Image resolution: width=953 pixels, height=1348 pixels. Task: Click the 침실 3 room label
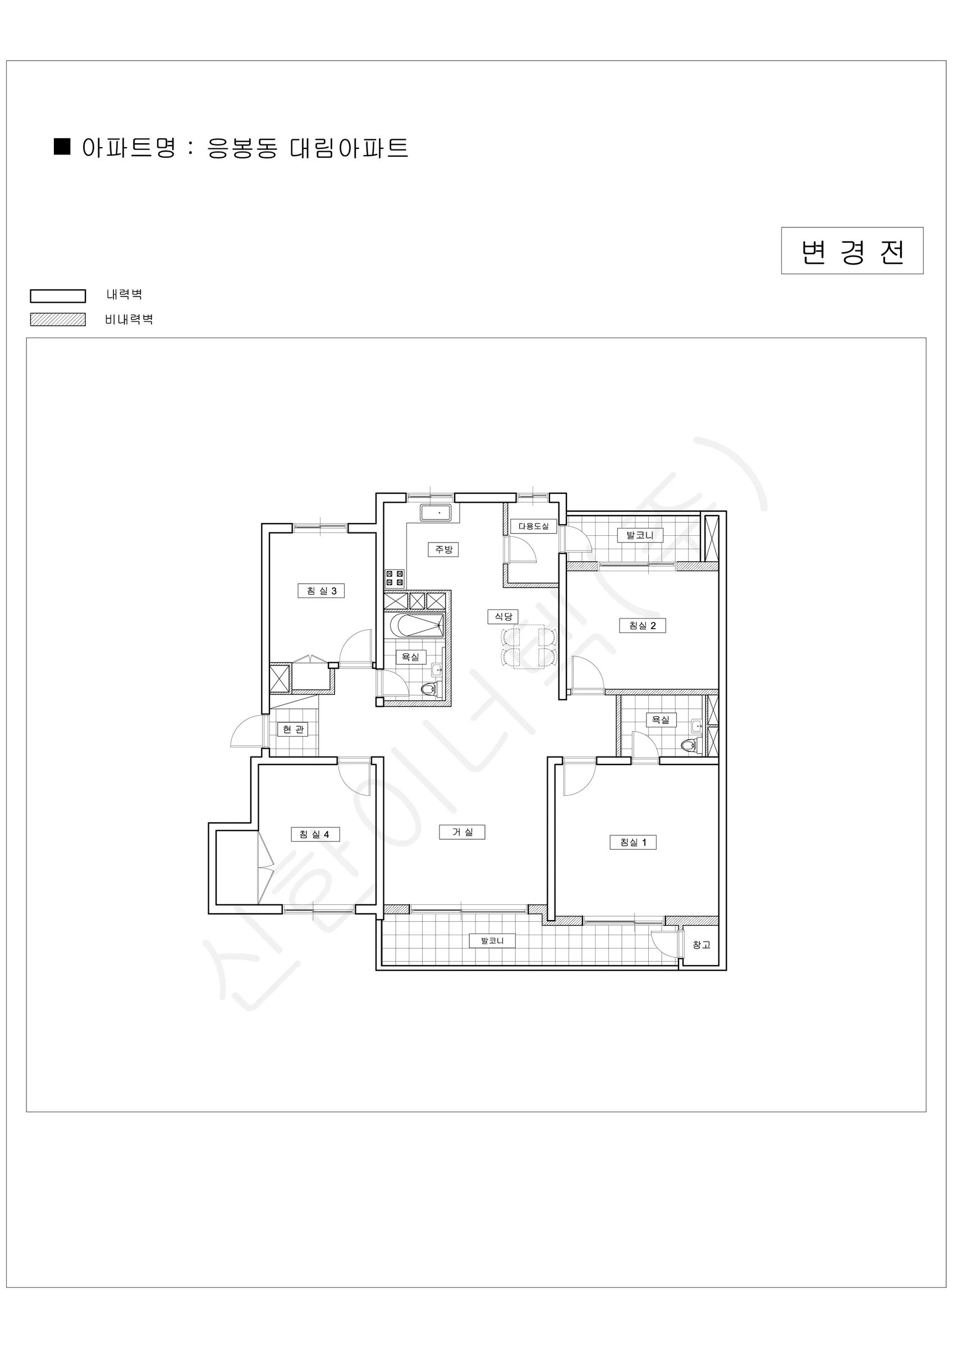321,591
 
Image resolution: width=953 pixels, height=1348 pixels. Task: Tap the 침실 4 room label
315,834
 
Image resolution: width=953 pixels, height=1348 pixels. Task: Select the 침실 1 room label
633,842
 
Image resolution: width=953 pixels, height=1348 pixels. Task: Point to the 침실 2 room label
643,626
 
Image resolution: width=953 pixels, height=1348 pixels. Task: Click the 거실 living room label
462,832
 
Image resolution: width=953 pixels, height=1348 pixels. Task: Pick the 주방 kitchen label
443,549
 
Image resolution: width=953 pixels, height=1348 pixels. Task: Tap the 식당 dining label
503,617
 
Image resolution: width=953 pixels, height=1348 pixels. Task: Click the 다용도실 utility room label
533,526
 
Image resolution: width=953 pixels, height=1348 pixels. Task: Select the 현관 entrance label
292,729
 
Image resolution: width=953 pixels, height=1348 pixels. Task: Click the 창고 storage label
701,945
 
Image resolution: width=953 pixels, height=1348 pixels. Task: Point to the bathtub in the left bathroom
416,626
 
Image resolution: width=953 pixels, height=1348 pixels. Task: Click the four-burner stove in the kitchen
395,579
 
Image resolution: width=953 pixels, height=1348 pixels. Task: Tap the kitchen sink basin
436,513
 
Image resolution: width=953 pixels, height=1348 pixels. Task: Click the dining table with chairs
529,647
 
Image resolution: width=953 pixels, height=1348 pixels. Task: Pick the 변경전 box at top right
852,251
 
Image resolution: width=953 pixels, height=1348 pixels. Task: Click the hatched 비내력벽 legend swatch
58,320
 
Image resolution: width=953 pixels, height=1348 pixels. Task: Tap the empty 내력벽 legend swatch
58,296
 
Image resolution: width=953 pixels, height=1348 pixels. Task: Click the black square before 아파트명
62,146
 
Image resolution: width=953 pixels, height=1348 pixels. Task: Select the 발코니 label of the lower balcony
492,941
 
